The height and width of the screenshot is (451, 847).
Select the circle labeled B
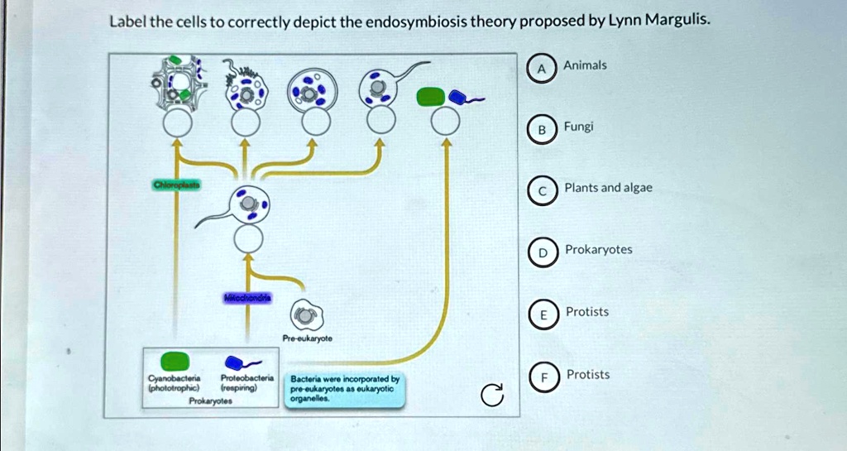coord(541,131)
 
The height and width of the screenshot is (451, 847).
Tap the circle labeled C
coord(542,191)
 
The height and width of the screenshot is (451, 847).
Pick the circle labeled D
coord(543,253)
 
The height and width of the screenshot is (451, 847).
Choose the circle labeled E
coord(543,315)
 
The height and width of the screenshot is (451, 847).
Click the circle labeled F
coord(543,378)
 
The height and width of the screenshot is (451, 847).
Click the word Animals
coord(585,65)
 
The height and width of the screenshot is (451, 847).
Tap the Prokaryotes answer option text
coord(598,249)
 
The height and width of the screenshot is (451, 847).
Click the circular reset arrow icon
coord(491,397)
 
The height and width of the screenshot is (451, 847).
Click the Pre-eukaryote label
coord(306,338)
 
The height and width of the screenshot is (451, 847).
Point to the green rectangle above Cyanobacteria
coord(175,361)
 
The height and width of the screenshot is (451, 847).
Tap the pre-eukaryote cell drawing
coord(305,314)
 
